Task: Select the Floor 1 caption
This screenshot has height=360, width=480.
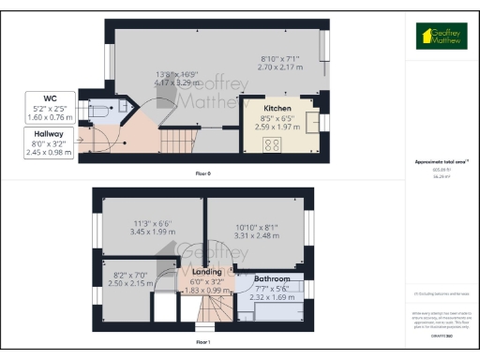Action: (202, 343)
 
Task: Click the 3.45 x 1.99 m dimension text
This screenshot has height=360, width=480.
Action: (152, 231)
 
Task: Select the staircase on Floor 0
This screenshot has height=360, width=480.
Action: (178, 142)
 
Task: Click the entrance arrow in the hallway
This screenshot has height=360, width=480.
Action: (89, 142)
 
